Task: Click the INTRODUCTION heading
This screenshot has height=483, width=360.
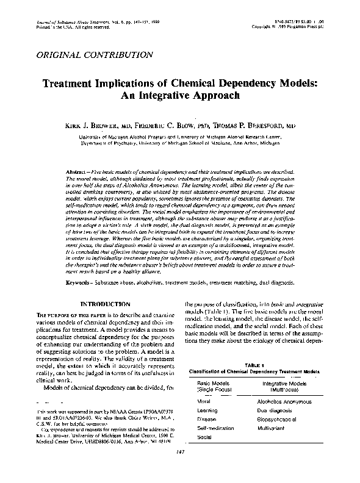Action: point(106,304)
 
